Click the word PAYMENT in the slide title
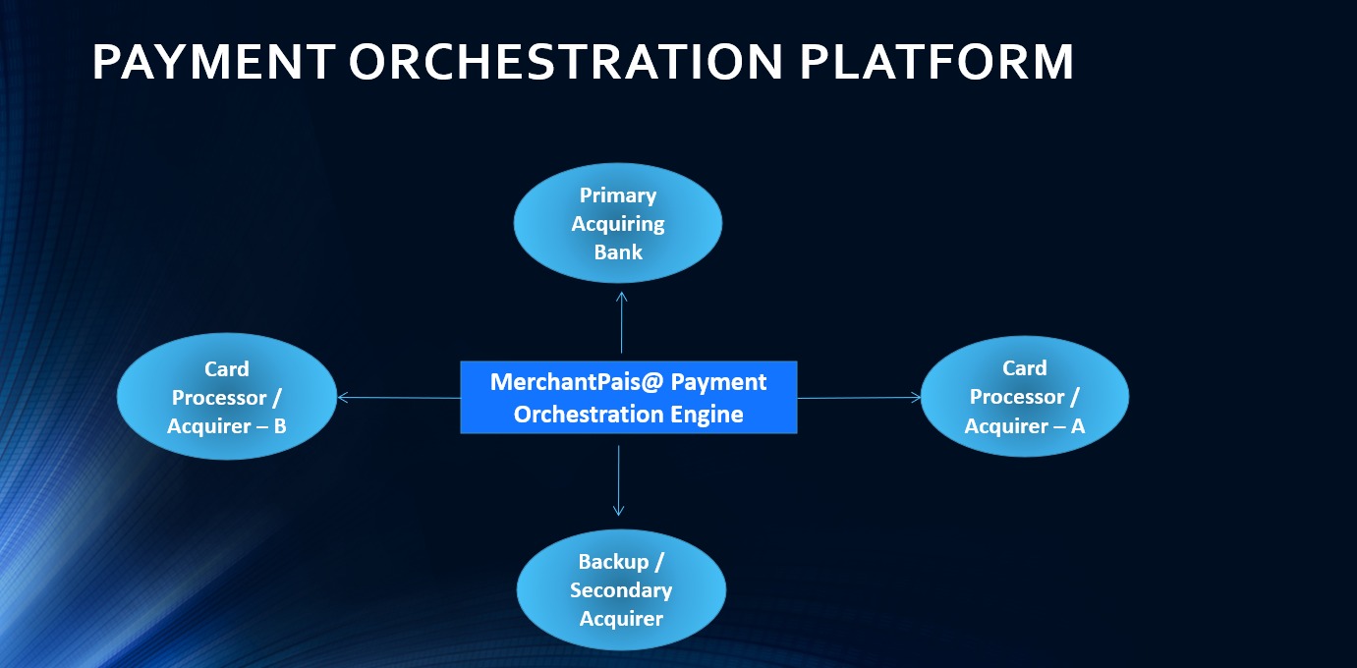point(214,62)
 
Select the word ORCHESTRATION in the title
point(566,62)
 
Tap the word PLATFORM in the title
point(936,62)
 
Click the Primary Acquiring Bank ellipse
point(618,223)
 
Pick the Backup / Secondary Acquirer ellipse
point(621,589)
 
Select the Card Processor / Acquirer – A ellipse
point(1025,397)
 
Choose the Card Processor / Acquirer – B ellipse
point(227,397)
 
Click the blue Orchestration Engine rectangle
point(629,397)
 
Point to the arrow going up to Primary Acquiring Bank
point(622,322)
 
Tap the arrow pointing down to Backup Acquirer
point(618,481)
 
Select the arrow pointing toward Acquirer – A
point(859,398)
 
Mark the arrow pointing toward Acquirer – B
point(399,398)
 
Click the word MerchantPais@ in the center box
point(577,382)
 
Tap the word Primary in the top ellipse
point(618,195)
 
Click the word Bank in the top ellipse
point(618,251)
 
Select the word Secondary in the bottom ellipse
point(621,590)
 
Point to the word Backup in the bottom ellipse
point(613,562)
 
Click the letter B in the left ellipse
point(280,426)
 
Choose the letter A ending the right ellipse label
point(1078,426)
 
